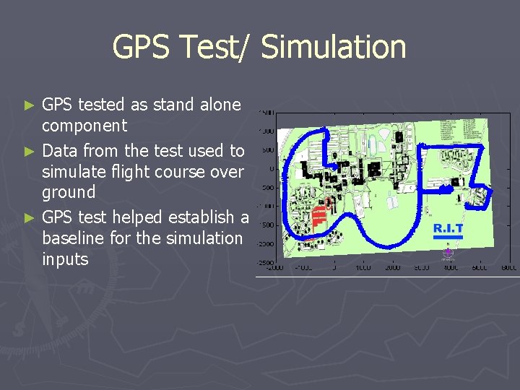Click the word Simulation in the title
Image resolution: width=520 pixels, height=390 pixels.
click(x=334, y=48)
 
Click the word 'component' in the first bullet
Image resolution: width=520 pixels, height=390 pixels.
click(x=84, y=126)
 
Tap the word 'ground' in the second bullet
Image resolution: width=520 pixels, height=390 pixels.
click(x=69, y=193)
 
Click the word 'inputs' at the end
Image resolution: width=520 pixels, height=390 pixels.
click(x=65, y=259)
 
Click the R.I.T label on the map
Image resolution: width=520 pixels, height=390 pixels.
click(x=448, y=228)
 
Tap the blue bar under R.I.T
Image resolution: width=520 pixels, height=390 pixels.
click(x=448, y=236)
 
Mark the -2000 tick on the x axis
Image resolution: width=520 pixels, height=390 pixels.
click(x=274, y=268)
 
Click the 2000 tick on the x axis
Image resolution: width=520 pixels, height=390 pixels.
click(x=394, y=268)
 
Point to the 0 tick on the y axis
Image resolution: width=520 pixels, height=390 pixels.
click(x=271, y=169)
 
